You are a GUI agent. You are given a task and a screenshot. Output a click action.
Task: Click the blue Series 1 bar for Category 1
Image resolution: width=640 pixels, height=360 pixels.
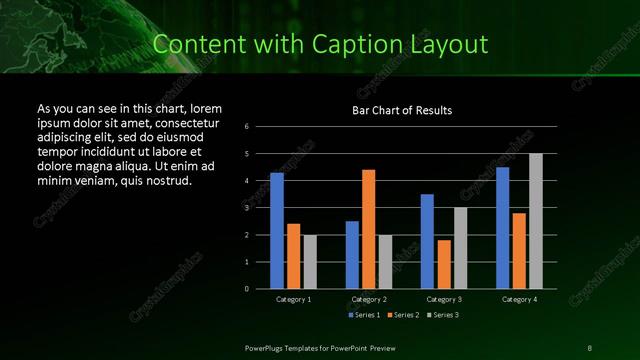(x=277, y=231)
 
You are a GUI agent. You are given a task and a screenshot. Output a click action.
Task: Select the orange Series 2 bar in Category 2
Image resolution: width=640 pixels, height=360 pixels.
(x=368, y=229)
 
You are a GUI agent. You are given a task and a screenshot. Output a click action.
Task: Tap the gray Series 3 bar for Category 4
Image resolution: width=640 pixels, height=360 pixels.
(x=536, y=221)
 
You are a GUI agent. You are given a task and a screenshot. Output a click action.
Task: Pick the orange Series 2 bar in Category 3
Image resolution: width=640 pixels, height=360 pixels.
(x=444, y=264)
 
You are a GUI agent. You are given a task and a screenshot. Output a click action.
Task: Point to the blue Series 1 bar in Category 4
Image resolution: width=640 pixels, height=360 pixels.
(x=503, y=228)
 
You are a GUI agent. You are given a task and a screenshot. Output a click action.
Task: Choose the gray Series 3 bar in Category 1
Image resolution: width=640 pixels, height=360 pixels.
(x=310, y=262)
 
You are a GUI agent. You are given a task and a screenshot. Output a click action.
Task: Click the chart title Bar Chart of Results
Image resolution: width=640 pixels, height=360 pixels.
(x=402, y=110)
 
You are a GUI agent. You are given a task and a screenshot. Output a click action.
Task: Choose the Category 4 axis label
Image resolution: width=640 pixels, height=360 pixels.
(x=519, y=299)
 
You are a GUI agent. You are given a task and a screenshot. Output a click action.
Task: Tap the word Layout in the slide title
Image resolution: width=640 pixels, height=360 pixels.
(x=455, y=44)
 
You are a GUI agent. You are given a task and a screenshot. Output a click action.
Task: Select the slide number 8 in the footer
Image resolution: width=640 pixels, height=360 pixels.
(x=590, y=347)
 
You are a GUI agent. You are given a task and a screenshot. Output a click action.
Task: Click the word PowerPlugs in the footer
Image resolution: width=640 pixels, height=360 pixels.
(x=268, y=347)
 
